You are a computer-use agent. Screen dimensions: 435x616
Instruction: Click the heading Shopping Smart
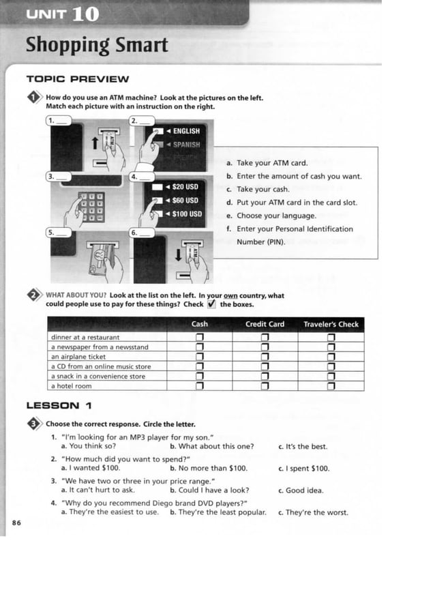(x=96, y=45)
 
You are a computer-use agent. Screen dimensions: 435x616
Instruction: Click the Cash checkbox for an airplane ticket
(x=200, y=357)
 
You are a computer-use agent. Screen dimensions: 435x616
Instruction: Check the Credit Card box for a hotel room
(x=265, y=386)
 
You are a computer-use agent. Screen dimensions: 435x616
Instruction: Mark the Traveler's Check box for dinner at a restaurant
(x=331, y=338)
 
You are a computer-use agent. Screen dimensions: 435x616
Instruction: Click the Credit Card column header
(x=265, y=324)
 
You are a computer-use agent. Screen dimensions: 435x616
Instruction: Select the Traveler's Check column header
(x=331, y=324)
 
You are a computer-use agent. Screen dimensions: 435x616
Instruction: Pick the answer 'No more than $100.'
(x=212, y=469)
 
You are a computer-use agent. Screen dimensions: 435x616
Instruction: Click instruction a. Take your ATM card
(x=271, y=163)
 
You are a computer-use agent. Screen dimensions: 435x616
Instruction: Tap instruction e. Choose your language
(x=275, y=216)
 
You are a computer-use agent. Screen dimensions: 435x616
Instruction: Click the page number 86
(x=16, y=523)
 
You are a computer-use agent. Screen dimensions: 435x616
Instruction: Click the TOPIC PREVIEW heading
(x=76, y=78)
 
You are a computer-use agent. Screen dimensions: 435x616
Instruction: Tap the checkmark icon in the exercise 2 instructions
(x=211, y=304)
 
